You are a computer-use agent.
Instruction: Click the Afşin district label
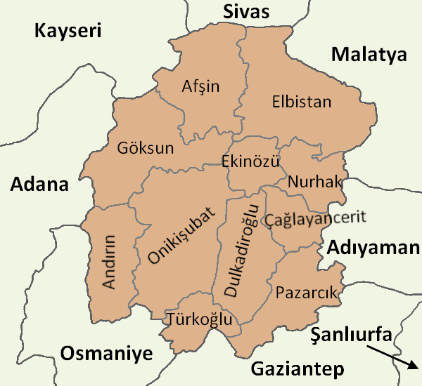point(200,87)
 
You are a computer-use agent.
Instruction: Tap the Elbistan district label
point(301,102)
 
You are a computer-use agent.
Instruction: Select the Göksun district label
point(146,149)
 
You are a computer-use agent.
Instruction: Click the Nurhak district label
point(314,182)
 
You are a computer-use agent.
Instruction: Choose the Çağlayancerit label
point(315,218)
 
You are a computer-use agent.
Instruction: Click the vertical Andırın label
point(110,261)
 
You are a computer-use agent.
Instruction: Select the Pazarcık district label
point(307,291)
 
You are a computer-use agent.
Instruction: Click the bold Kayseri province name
point(68,31)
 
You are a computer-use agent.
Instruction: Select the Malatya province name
point(370,54)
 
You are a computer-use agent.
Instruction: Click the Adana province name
point(39,185)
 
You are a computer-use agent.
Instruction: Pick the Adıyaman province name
point(373,248)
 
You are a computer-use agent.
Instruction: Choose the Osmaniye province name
point(105,354)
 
